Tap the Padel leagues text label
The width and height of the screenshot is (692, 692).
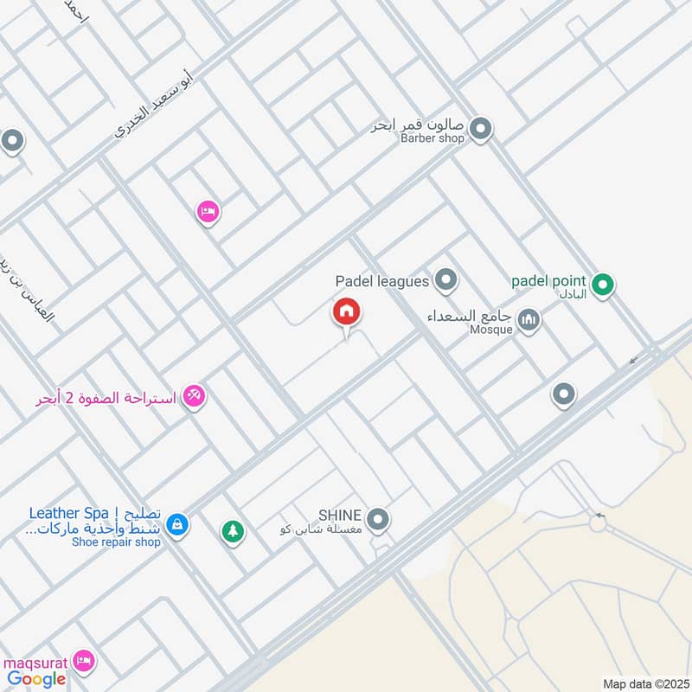click(382, 281)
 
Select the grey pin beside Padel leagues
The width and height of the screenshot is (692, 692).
click(445, 279)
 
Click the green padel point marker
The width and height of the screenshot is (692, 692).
click(604, 282)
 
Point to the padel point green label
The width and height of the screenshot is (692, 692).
click(548, 280)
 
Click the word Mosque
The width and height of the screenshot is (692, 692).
click(492, 330)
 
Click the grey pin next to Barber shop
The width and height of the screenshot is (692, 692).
click(481, 131)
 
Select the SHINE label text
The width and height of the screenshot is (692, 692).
click(339, 514)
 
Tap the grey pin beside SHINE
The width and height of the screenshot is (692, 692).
click(377, 520)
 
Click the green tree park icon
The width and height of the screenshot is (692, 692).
click(232, 531)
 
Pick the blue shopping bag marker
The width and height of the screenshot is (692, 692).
click(176, 524)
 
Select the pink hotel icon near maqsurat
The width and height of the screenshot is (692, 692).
click(84, 661)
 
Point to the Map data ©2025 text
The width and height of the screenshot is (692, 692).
click(644, 684)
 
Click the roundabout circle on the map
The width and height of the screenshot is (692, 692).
click(597, 522)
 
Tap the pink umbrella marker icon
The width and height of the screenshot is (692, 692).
click(195, 398)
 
